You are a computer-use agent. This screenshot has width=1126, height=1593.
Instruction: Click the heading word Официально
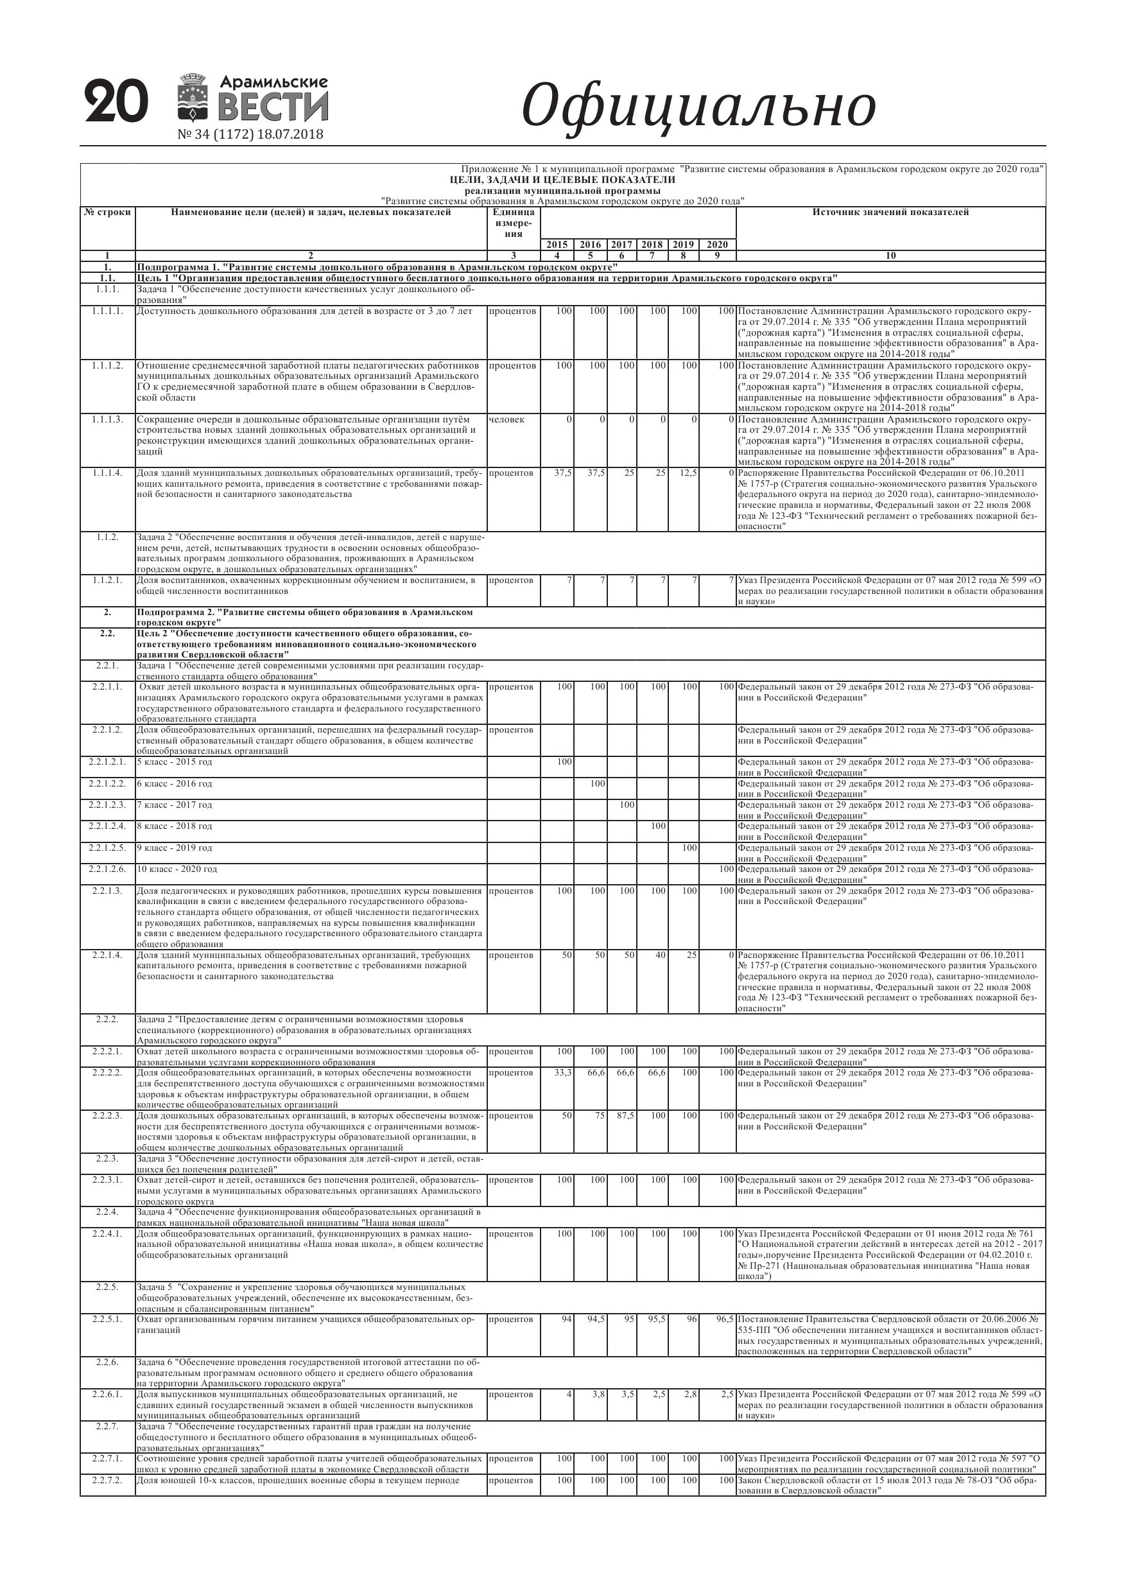click(698, 106)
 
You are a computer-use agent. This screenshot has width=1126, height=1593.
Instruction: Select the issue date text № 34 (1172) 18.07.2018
click(250, 135)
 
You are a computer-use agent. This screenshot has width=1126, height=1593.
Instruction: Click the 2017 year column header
click(621, 244)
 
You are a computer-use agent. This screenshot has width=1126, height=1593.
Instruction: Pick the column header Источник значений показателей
click(890, 213)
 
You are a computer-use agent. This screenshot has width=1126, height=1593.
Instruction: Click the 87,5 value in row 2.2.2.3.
click(625, 1116)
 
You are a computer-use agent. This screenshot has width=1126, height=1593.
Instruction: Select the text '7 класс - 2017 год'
click(175, 805)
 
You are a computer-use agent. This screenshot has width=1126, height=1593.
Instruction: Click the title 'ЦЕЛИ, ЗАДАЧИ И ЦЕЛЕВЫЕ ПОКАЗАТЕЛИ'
click(562, 180)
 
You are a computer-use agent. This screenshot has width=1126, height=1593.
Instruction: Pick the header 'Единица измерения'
click(513, 223)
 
